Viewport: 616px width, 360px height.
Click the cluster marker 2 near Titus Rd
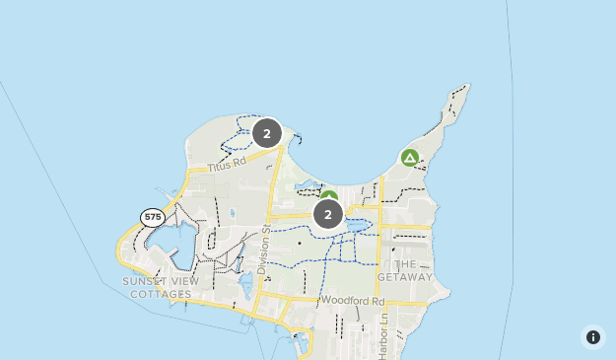266,132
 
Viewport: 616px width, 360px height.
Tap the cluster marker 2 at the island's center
327,213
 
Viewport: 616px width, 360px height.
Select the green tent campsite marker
410,158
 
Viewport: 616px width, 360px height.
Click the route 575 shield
152,217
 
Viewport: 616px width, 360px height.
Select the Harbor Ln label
383,326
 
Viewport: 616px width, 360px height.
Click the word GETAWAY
404,277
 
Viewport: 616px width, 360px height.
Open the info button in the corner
593,337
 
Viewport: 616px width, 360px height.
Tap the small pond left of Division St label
245,286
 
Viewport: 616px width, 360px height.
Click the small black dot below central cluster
299,242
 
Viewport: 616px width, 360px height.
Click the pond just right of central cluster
357,225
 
